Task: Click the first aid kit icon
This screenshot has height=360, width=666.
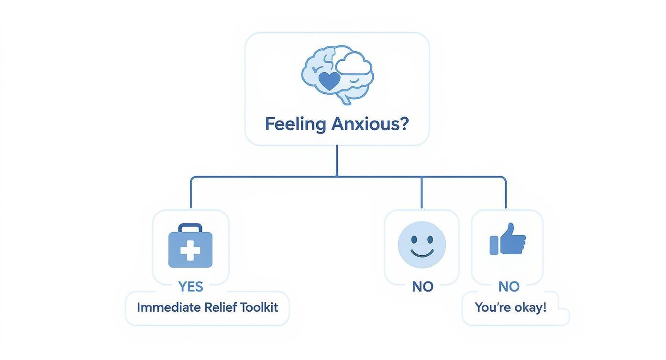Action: pos(190,246)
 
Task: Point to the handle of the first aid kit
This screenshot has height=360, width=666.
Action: pos(190,227)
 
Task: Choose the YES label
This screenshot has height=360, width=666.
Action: pos(190,287)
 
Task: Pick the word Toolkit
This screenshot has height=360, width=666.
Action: pos(260,307)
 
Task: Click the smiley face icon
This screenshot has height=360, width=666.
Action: pos(422,245)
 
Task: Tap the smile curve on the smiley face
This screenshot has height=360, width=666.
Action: pos(422,253)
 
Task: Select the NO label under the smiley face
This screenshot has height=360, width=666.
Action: pos(422,287)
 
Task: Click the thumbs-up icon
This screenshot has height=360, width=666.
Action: pos(508,239)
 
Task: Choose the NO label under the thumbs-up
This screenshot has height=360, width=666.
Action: pos(509,287)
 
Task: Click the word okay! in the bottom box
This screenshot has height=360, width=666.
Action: pos(530,307)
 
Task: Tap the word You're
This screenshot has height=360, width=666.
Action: pos(492,307)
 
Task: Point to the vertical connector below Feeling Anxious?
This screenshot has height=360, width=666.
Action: pos(337,160)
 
